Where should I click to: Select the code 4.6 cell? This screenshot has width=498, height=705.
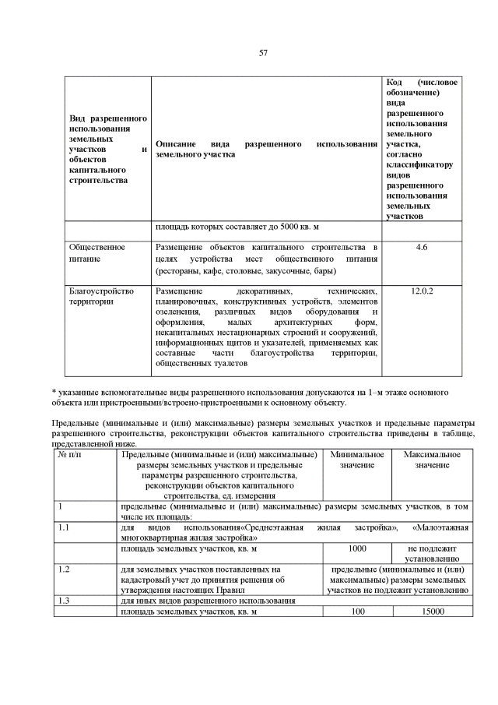[423, 248]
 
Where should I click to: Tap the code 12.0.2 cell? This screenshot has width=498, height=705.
[423, 291]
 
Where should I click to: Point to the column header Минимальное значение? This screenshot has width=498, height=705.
[356, 460]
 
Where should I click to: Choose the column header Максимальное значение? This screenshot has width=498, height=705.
[432, 460]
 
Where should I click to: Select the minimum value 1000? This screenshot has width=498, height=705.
[356, 549]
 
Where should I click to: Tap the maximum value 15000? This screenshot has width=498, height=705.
[431, 612]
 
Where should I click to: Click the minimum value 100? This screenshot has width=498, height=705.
[357, 612]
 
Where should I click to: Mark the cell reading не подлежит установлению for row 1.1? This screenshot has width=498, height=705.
[432, 554]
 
